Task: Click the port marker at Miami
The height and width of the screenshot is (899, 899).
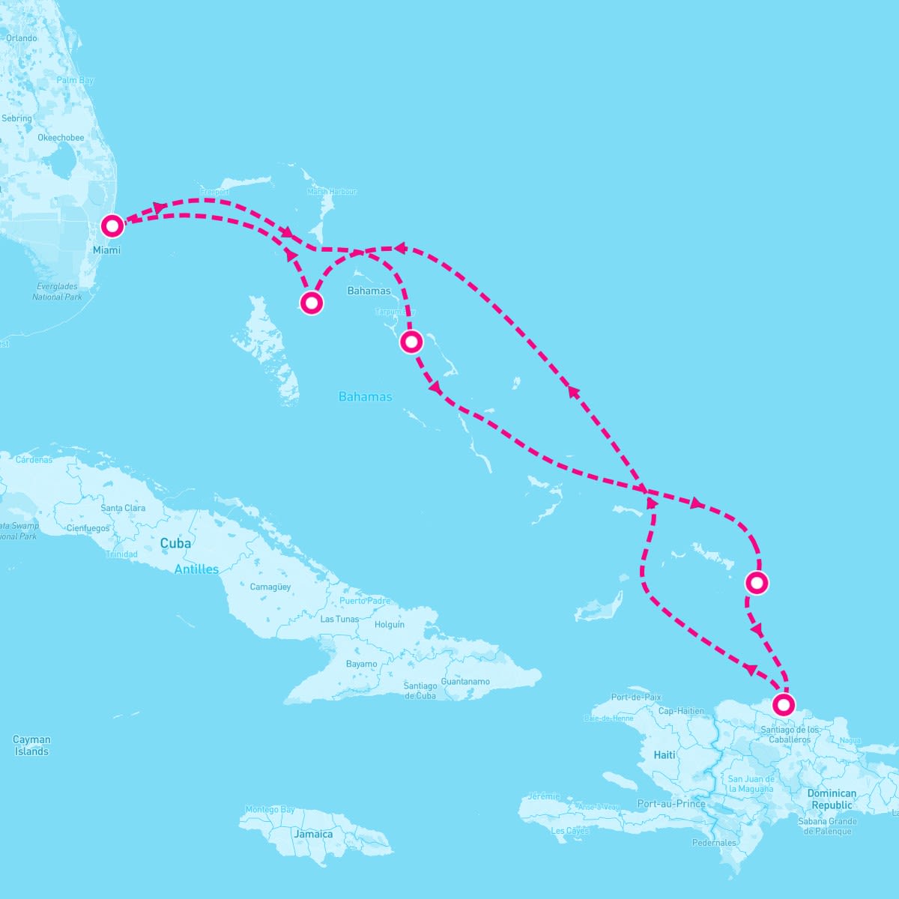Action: click(112, 225)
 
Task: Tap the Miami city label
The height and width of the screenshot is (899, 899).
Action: click(106, 250)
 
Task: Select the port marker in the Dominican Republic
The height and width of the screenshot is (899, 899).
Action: click(783, 704)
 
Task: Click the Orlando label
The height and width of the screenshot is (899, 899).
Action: click(21, 38)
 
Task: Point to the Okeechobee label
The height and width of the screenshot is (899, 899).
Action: click(61, 138)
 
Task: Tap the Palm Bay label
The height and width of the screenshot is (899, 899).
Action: click(75, 80)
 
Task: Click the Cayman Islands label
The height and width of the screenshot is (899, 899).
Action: click(31, 745)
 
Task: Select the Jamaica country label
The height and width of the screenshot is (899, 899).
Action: click(313, 834)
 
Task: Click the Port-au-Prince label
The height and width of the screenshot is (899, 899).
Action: click(671, 804)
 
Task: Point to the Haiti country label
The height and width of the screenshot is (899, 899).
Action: click(664, 755)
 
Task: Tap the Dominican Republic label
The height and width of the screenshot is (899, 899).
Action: click(832, 799)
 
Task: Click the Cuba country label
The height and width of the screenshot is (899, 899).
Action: click(175, 543)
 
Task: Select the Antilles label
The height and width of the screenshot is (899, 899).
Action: click(196, 569)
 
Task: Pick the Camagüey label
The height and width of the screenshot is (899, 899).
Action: click(270, 587)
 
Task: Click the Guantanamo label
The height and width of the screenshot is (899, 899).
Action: click(465, 682)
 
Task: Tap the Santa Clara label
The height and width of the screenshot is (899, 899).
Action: click(123, 508)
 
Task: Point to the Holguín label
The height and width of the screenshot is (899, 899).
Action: click(390, 625)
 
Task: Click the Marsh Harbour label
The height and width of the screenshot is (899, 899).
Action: click(332, 192)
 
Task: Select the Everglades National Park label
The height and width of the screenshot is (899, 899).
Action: click(57, 291)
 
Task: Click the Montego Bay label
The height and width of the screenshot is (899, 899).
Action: click(270, 810)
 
